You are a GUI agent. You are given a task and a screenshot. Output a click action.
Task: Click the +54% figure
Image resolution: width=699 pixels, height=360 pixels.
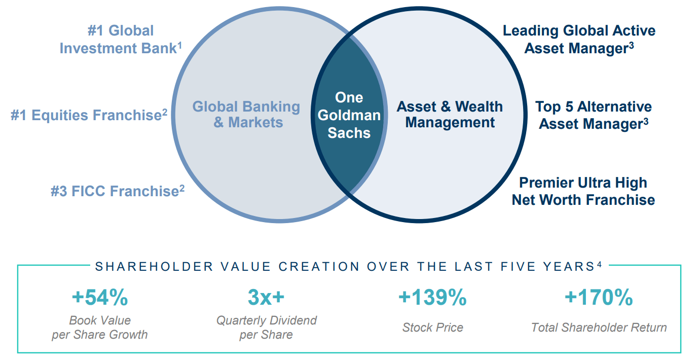pos(99,298)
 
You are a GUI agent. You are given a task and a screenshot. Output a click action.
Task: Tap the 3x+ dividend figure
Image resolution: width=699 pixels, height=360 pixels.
pos(266,298)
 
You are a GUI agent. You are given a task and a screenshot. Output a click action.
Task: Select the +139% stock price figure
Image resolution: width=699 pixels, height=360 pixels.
pos(432,298)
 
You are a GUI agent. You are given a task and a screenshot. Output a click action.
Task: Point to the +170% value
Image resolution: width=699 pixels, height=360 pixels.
pos(599,298)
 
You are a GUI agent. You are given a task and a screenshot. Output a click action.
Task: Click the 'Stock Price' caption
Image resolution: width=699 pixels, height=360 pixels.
pos(432,328)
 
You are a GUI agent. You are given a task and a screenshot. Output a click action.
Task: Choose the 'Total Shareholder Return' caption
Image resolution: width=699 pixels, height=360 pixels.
pos(599,328)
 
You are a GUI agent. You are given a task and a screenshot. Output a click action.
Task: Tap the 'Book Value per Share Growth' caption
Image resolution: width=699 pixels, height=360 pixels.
pos(99,328)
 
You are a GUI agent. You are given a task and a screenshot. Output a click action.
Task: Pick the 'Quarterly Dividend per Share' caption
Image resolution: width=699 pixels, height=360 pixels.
pos(266,328)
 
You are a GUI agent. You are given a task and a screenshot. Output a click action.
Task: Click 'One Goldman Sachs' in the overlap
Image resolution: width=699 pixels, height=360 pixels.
pos(349,115)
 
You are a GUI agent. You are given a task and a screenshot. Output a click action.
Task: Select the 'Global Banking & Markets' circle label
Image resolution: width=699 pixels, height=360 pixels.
pos(247,114)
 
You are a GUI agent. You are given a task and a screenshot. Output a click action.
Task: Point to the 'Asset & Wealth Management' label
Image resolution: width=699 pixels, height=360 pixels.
pos(450,114)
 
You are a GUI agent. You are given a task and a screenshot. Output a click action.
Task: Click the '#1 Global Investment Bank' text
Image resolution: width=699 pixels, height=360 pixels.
pos(121,40)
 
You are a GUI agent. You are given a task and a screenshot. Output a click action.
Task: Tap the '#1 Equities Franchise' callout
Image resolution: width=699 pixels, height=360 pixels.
pos(89,115)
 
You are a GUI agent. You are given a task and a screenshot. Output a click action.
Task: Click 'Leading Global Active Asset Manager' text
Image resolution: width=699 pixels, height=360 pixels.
pos(579,40)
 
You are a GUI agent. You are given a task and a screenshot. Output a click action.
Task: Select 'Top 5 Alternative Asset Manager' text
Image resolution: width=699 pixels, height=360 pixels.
pos(594,115)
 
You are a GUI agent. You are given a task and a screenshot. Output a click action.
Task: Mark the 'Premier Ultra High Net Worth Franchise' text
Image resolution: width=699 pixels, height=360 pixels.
pos(583,191)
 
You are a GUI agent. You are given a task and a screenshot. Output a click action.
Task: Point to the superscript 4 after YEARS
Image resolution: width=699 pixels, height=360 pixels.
pos(600,264)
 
